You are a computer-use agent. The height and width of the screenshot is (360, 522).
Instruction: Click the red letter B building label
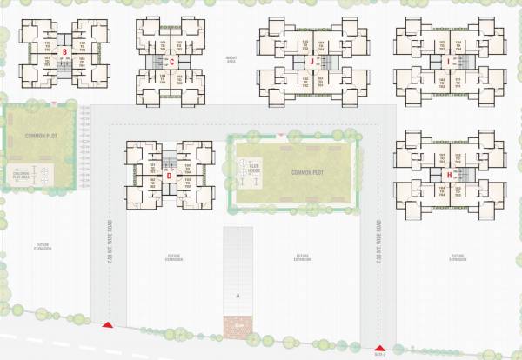(64, 51)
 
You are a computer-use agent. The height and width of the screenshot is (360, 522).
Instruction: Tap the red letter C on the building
(172, 63)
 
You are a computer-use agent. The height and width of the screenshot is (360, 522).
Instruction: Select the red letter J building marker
(311, 62)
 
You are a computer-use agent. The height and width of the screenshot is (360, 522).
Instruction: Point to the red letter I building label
(447, 63)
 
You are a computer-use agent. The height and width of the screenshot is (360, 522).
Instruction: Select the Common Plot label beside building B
(38, 136)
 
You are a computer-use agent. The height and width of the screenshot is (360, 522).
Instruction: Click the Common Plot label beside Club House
(307, 172)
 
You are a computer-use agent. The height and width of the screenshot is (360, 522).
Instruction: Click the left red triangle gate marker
(107, 323)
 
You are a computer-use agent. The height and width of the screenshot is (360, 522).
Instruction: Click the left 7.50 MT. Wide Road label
(101, 236)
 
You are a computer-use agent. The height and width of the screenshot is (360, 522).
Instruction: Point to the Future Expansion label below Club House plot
(302, 258)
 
